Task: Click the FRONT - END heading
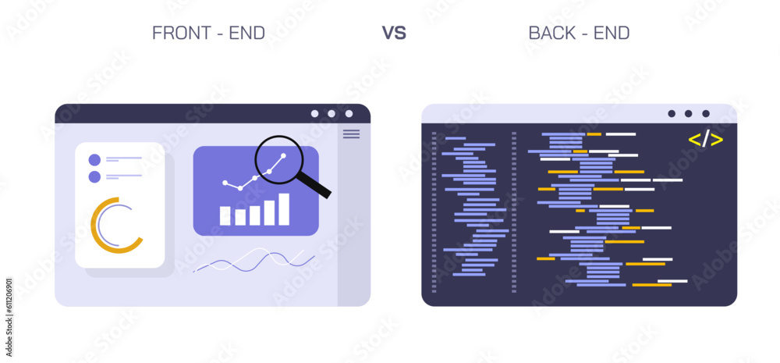tap(208, 33)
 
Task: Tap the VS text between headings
tap(394, 33)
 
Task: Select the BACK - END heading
tap(579, 33)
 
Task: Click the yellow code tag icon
tap(705, 140)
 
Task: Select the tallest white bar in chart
tap(284, 209)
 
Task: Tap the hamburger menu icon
tap(352, 134)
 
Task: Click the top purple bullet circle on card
tap(94, 159)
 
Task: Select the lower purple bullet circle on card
tap(94, 176)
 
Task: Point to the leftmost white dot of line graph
tap(225, 183)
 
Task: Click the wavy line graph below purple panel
tap(253, 260)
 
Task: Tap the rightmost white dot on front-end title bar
tap(349, 114)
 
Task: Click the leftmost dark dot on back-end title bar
tap(671, 114)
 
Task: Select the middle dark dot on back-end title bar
tap(688, 114)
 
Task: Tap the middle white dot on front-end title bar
tap(331, 114)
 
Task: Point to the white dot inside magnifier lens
tap(284, 155)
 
